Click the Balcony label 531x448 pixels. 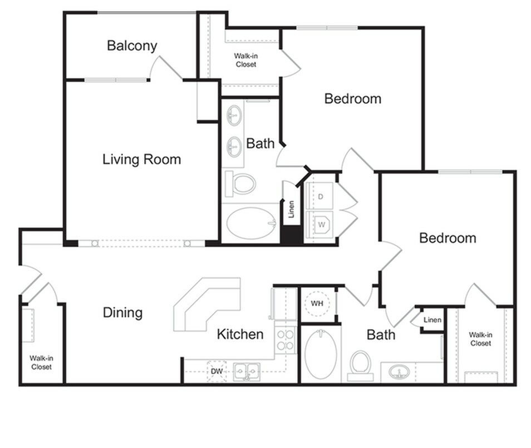pos(132,46)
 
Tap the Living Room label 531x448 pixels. pos(141,160)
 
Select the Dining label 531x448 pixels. pos(122,313)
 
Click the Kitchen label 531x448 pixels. pos(240,334)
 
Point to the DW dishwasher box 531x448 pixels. pos(216,371)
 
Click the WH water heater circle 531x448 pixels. pos(317,303)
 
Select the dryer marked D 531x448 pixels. pos(321,196)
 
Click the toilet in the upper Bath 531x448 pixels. pos(242,183)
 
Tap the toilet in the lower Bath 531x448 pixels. pos(360,365)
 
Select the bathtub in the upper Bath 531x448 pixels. pos(251,223)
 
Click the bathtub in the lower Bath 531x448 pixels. pos(320,354)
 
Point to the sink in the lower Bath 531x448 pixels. pos(399,371)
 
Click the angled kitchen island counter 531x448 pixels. pos(205,303)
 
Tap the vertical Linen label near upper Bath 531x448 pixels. pos(291,210)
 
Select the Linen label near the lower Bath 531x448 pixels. pos(432,320)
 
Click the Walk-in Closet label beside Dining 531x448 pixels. pos(41,363)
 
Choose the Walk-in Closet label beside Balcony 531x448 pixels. pos(245,60)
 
